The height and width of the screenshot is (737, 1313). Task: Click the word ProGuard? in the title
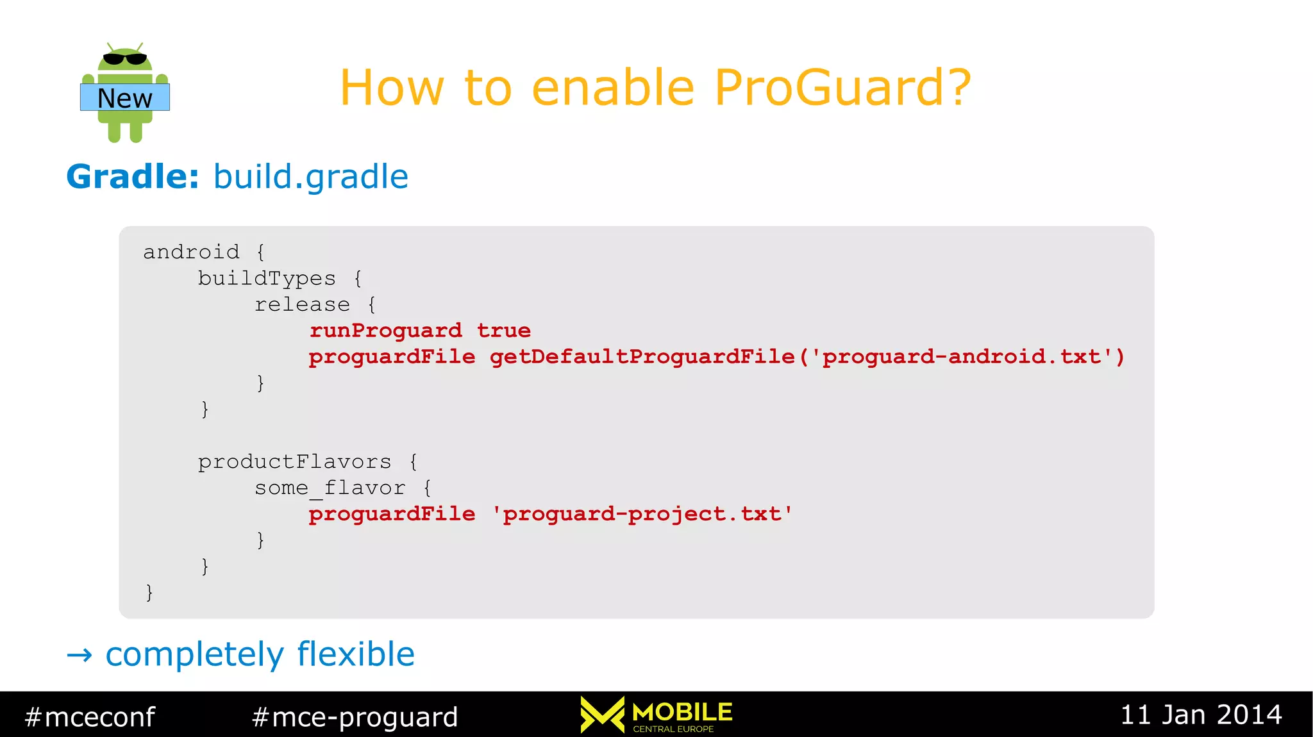click(x=842, y=88)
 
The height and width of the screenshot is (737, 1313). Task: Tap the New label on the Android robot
click(x=125, y=98)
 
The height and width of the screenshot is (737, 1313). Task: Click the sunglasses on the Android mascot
click(x=125, y=59)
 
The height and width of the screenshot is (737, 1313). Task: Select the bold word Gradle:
click(x=133, y=176)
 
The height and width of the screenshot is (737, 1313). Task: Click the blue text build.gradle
click(x=310, y=176)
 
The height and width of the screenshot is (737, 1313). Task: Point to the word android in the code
click(x=191, y=252)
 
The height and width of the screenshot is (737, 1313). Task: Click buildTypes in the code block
click(x=266, y=278)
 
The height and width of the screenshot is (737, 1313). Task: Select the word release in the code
click(x=302, y=304)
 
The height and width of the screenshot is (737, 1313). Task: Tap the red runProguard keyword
click(x=385, y=331)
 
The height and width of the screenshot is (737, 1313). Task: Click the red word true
click(x=504, y=331)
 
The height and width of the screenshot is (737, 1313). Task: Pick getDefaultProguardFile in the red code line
click(x=642, y=357)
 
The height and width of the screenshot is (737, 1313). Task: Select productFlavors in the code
click(x=294, y=461)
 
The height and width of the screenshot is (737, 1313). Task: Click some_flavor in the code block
click(x=330, y=488)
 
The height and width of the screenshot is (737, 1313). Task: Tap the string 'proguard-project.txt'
click(x=642, y=514)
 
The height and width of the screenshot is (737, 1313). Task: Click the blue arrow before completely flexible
click(x=79, y=655)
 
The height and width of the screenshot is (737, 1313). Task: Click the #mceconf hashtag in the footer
click(x=90, y=716)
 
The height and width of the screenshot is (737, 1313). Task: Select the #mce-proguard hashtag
click(x=355, y=716)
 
